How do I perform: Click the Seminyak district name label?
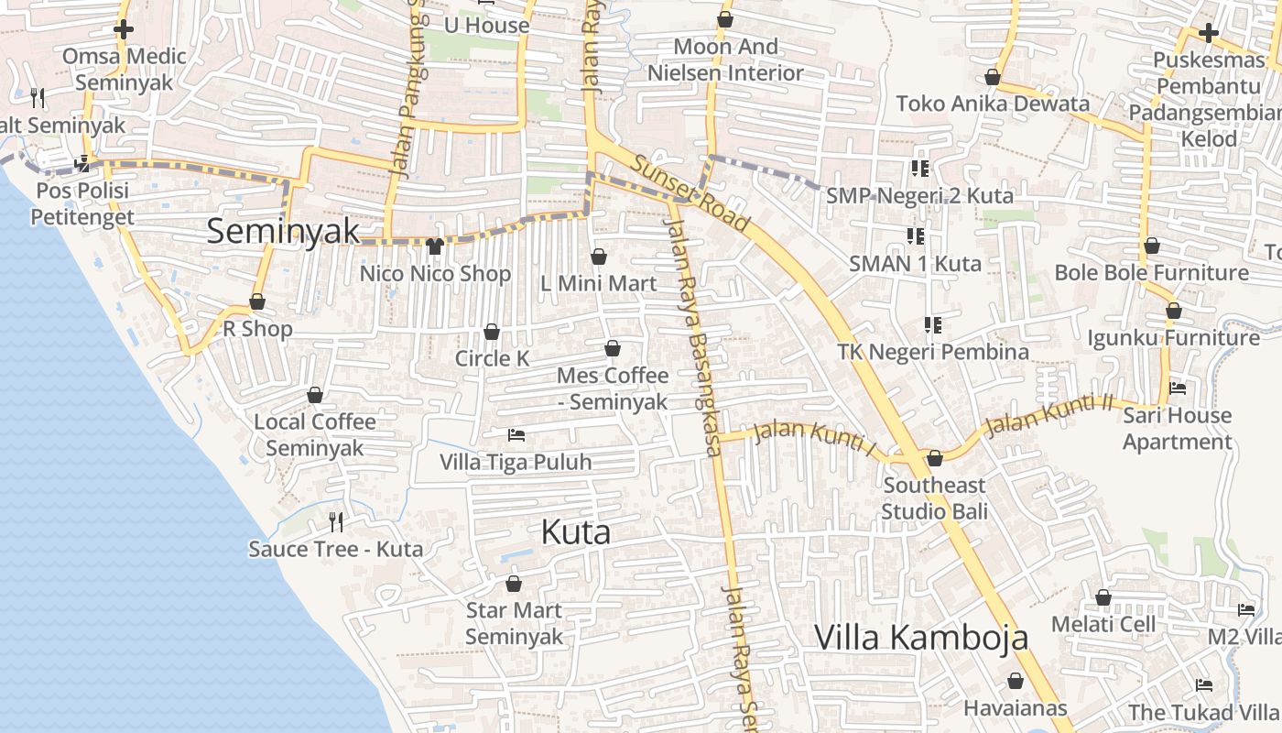coord(283,231)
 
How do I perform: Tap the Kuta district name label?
coord(575,531)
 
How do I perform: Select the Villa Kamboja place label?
coord(921,637)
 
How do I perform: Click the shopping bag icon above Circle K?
coord(492,332)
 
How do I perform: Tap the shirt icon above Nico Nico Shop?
coord(435,246)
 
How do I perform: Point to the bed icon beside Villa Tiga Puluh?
coord(516,434)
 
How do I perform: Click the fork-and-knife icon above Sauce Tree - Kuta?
coord(336,522)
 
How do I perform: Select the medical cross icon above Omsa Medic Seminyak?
coord(124,29)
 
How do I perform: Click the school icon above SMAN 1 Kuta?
coord(915,236)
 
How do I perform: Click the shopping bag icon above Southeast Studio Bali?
coord(935,458)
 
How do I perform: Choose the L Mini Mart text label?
coord(599,284)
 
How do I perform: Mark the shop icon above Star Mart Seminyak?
coord(514,584)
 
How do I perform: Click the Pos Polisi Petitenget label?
coord(82,204)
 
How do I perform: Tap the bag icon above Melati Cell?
coord(1103,597)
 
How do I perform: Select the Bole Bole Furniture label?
coord(1151,273)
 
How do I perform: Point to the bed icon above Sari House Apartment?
coord(1178,388)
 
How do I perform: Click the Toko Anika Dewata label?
coord(993,104)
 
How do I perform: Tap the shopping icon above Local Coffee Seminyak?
coord(315,395)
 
